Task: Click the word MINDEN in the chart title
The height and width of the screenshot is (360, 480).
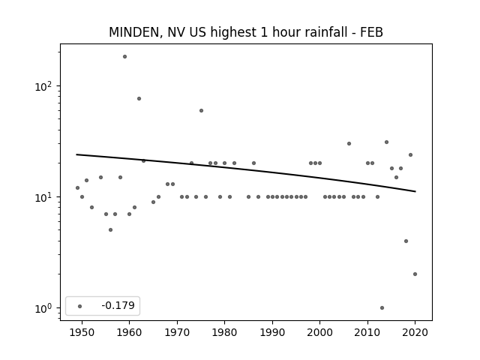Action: (x=134, y=32)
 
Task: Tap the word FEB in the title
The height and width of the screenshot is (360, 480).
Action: (x=371, y=32)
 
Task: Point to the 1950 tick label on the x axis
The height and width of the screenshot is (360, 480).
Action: (x=82, y=332)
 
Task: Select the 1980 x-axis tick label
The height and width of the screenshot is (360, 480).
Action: (x=224, y=332)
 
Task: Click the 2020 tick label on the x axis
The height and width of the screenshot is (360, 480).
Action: (x=415, y=332)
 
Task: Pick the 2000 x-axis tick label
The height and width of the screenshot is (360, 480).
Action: (x=320, y=332)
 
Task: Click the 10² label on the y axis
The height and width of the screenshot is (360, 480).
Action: (x=43, y=86)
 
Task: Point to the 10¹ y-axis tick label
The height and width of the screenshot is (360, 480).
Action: (x=43, y=197)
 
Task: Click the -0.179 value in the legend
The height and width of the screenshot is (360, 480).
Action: (x=118, y=305)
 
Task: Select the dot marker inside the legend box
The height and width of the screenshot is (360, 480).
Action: (x=80, y=306)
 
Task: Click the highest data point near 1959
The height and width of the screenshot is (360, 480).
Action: (x=124, y=57)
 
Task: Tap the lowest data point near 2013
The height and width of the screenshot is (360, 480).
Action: (x=382, y=308)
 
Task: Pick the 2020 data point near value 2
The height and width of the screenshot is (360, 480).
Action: (x=415, y=274)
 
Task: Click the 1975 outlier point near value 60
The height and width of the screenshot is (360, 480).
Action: (x=201, y=111)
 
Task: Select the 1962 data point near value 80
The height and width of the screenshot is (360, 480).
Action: (x=139, y=98)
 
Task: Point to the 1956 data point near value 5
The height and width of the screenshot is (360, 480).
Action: (x=110, y=230)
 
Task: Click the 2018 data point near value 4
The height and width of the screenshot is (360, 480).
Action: (x=406, y=241)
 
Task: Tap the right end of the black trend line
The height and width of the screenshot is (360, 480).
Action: (x=415, y=192)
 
